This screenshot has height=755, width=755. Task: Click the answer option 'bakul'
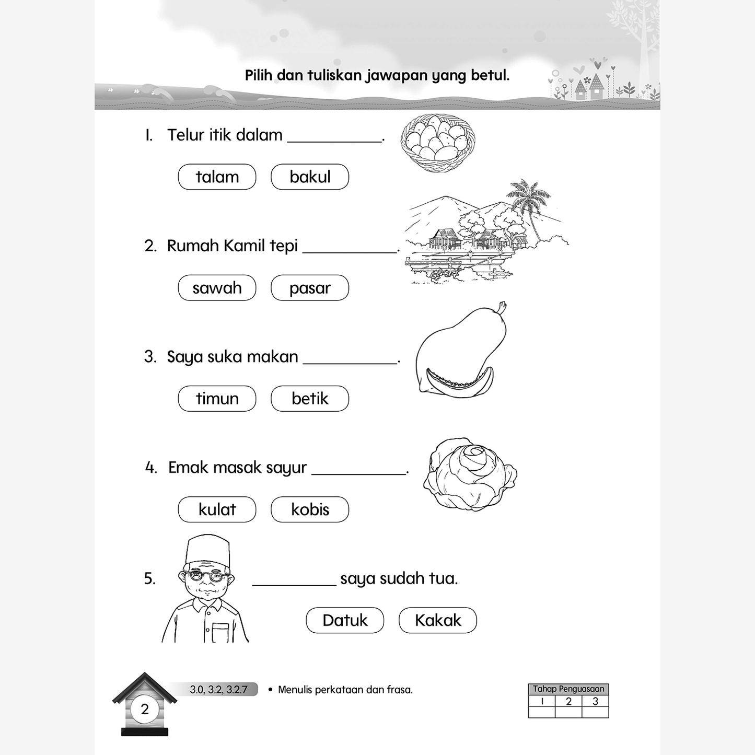310,177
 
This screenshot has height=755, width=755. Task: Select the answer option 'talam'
217,177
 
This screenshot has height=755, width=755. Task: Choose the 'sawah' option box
217,288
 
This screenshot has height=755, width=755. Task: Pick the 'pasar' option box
310,288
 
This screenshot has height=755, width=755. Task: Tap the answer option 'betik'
310,399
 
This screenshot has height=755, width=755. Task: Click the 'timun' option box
217,399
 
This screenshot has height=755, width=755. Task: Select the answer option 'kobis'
310,509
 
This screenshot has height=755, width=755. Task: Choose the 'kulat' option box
217,509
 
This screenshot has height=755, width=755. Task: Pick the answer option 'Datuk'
345,620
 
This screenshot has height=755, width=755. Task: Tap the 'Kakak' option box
438,620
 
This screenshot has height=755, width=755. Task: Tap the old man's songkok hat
208,549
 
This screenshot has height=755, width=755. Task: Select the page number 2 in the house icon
145,709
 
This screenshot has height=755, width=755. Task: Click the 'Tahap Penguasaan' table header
568,689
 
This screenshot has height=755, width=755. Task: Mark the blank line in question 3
350,362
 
